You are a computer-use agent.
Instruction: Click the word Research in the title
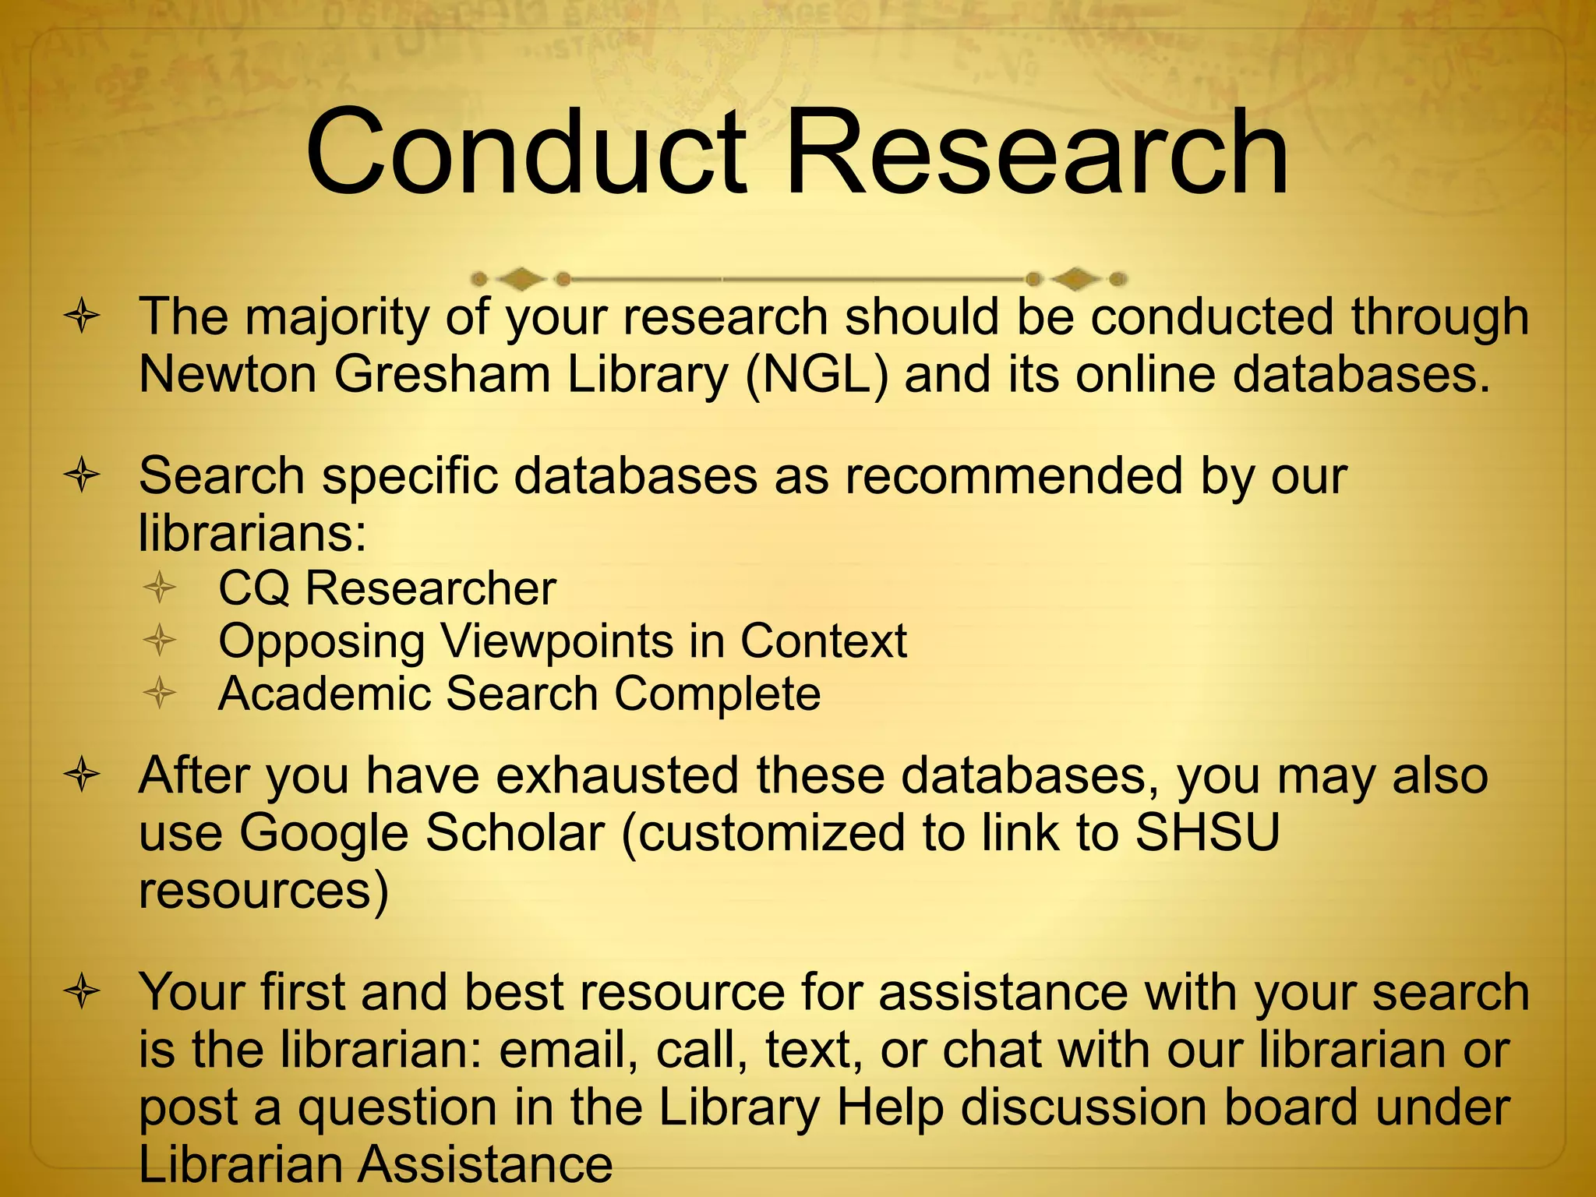point(1036,153)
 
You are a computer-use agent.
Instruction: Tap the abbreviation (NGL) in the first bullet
point(816,375)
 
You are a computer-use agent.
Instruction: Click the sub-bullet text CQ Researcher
point(387,588)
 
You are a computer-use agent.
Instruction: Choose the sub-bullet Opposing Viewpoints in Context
point(562,641)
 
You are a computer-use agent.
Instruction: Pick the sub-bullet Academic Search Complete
point(519,694)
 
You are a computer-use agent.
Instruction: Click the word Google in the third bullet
point(323,832)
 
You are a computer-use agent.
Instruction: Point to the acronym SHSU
point(1207,832)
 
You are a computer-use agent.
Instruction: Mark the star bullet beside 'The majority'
point(82,317)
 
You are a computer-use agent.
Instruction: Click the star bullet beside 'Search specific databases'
point(82,476)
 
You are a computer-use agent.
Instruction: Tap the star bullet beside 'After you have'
point(82,776)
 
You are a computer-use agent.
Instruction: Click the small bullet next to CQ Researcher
point(160,588)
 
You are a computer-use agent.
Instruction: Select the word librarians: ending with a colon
point(252,534)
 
